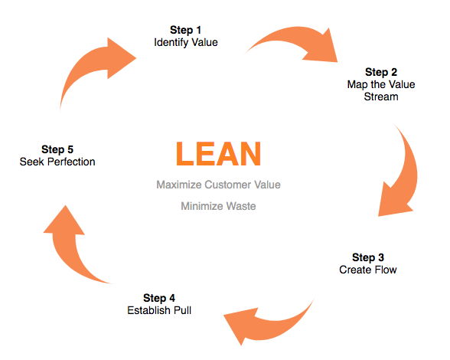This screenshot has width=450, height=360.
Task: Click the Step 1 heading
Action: tap(185, 30)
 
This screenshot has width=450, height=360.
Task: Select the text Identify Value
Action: tap(186, 43)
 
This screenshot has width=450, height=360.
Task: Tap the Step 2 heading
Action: tap(381, 72)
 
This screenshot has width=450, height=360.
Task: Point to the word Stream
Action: tap(381, 97)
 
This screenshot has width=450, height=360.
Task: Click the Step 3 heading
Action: tap(368, 257)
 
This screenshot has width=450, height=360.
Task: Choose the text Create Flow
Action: tap(368, 270)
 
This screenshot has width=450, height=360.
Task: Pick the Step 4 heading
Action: tap(159, 298)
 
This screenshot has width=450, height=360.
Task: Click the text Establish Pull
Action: tap(159, 310)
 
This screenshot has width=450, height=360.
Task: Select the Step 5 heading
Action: tap(57, 149)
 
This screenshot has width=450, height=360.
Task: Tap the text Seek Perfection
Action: tap(57, 162)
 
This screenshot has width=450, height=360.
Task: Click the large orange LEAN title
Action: tap(218, 154)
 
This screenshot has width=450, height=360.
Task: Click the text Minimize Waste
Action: tap(218, 206)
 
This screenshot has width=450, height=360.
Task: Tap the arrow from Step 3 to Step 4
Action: tap(276, 328)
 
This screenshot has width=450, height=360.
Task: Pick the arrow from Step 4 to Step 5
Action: tap(62, 253)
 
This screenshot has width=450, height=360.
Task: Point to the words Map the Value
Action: tap(381, 84)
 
